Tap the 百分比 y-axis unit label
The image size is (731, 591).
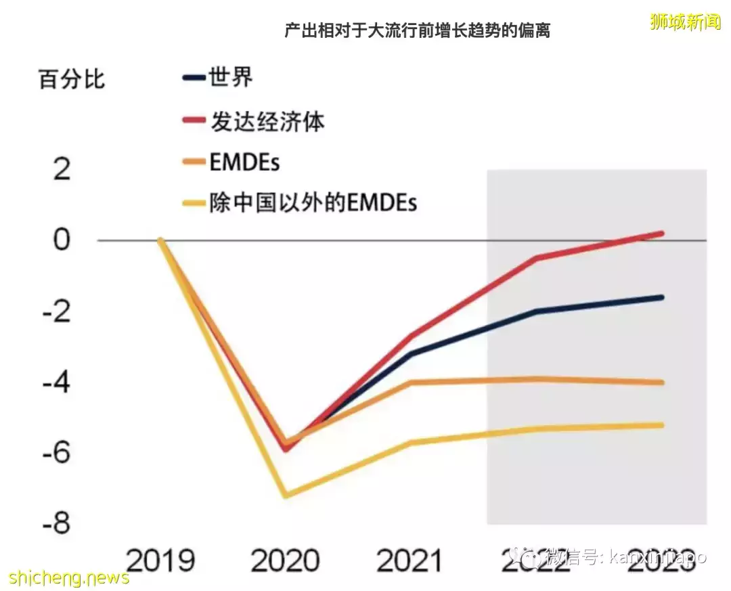72,79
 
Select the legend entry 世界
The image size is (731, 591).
231,76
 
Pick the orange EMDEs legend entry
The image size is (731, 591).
244,162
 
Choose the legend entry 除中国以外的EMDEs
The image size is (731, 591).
313,202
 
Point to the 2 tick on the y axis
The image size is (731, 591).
62,169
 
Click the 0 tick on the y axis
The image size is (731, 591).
62,240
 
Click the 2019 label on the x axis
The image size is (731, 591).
161,561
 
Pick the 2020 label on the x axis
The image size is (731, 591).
285,561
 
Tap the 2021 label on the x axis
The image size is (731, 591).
409,561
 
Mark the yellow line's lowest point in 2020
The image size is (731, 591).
286,496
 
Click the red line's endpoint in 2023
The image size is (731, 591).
661,234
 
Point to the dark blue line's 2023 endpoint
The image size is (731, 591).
661,297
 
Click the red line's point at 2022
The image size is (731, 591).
537,258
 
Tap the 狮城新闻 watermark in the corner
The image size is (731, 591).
685,22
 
